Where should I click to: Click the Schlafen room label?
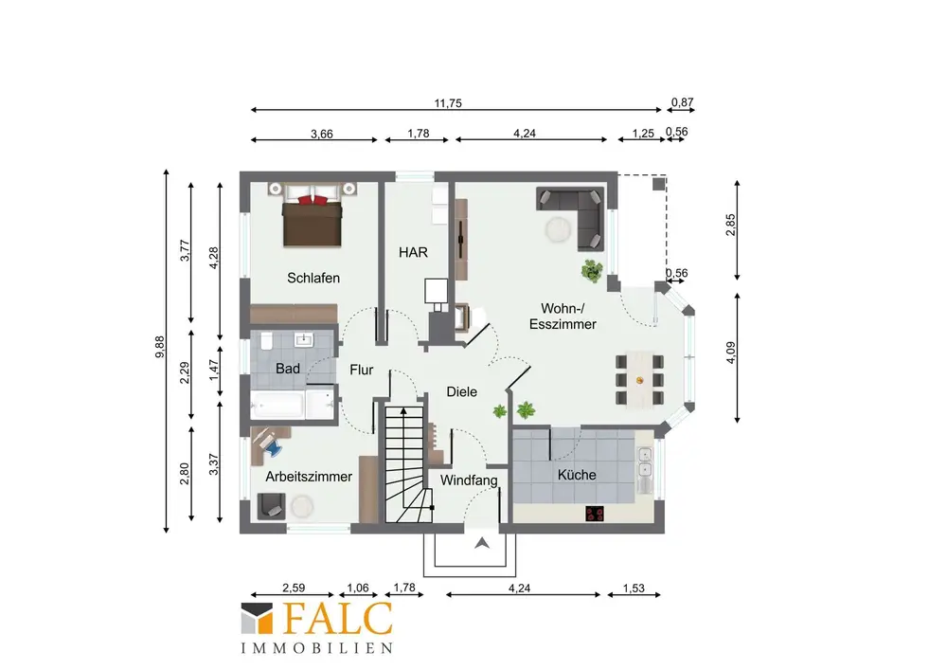point(313,278)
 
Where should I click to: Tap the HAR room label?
point(413,252)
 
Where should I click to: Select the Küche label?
point(577,475)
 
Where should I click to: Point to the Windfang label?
point(469,480)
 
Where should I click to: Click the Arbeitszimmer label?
point(309,477)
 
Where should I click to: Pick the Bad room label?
point(288,369)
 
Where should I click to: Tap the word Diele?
point(461,391)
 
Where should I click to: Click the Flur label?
point(361,370)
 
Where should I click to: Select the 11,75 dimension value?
point(448,103)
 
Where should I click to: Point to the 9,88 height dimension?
point(159,347)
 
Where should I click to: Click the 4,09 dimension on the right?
point(731,353)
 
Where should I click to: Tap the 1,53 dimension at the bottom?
point(634,588)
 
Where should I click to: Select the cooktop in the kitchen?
point(595,514)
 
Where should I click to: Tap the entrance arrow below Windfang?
point(481,543)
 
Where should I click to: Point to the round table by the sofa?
point(559,229)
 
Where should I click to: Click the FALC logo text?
point(338,619)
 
